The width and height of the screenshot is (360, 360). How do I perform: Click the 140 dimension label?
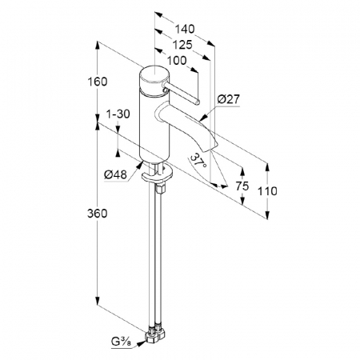185,29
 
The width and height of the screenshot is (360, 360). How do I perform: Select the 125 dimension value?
182,45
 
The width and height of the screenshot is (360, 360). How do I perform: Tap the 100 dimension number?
177,61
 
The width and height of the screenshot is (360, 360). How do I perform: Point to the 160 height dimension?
98,82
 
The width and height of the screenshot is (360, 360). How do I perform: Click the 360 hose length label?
98,214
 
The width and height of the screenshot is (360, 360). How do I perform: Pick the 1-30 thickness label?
118,114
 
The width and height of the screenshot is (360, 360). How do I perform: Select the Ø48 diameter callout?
115,175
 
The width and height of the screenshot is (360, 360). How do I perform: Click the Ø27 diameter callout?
229,99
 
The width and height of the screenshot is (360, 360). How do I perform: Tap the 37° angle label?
198,162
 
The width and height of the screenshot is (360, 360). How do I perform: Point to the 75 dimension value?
242,186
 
